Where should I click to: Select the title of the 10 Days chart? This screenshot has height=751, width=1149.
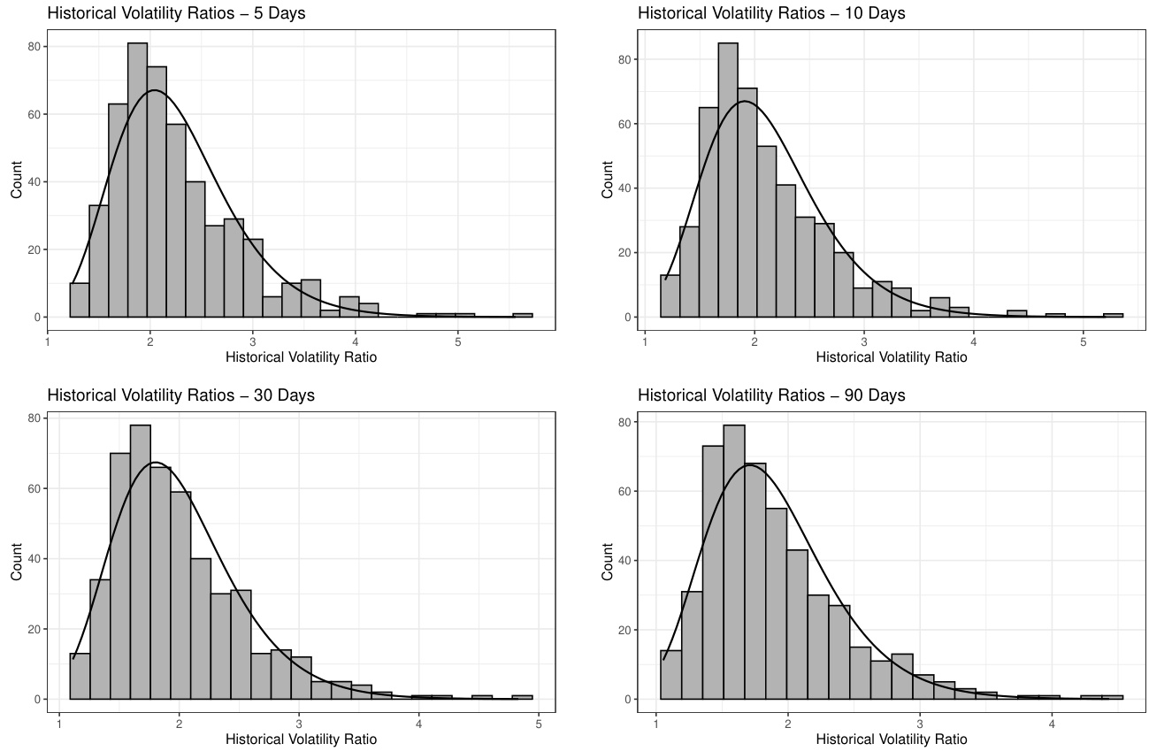pyautogui.click(x=771, y=13)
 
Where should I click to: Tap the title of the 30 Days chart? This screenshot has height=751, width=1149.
pyautogui.click(x=180, y=395)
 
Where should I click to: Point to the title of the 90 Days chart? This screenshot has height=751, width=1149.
pyautogui.click(x=771, y=395)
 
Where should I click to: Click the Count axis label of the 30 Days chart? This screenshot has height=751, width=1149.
pyautogui.click(x=17, y=563)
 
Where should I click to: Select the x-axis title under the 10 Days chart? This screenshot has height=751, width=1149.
pyautogui.click(x=891, y=357)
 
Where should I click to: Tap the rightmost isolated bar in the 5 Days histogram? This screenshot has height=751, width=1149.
pyautogui.click(x=522, y=315)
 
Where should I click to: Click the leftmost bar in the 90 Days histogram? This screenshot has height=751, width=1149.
pyautogui.click(x=670, y=675)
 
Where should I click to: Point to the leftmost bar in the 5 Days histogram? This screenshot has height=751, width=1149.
pyautogui.click(x=80, y=300)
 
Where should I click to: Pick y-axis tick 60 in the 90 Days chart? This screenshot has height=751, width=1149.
pyautogui.click(x=626, y=491)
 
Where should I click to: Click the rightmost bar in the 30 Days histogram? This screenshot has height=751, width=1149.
pyautogui.click(x=522, y=697)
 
